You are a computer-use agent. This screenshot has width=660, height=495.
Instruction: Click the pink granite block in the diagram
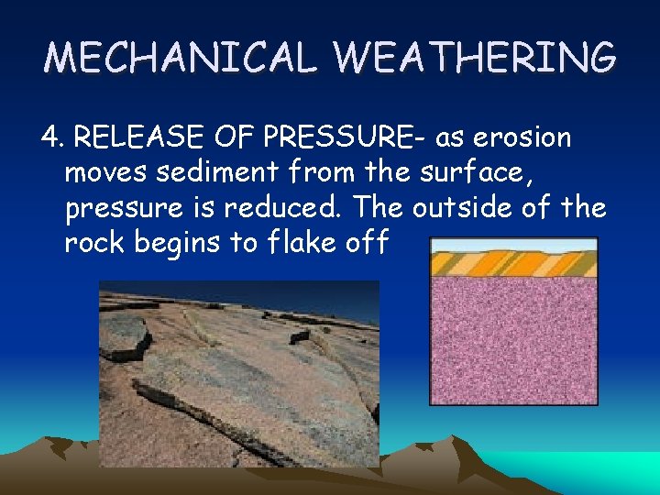coord(513,339)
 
